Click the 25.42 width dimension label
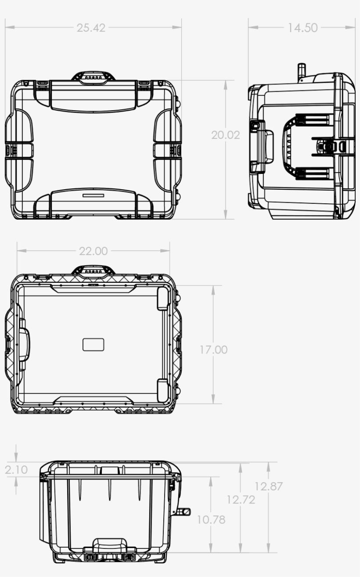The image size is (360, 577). tap(91, 28)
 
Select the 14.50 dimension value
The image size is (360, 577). tap(302, 28)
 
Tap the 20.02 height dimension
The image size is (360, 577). tap(226, 135)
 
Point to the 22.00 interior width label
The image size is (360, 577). tap(93, 251)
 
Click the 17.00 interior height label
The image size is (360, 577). tap(214, 350)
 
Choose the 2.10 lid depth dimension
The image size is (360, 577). tap(16, 469)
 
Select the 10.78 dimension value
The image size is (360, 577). tap(211, 519)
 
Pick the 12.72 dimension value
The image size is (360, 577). tap(241, 500)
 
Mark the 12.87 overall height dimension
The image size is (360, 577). tap(268, 486)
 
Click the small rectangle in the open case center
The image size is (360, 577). tap(94, 345)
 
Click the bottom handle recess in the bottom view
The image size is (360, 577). tap(109, 545)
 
